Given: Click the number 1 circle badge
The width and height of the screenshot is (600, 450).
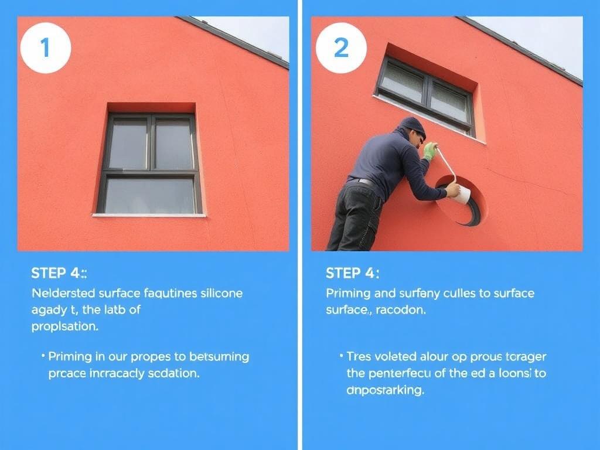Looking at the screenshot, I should coord(46,48).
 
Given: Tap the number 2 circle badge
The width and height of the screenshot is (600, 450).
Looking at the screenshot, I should coord(341,48).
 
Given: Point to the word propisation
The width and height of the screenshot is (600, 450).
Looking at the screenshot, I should coord(64,326).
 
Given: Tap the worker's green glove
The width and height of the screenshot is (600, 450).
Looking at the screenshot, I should coord(430,151).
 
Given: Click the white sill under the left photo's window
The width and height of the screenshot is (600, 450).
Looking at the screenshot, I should coord(149,215).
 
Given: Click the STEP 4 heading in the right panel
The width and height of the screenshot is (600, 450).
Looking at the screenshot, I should coord(352,273).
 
